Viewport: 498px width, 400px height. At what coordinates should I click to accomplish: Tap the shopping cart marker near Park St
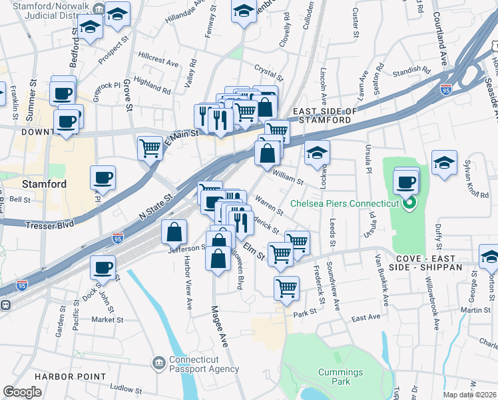pyautogui.click(x=286, y=288)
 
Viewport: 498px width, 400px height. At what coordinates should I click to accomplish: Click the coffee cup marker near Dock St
pyautogui.click(x=103, y=267)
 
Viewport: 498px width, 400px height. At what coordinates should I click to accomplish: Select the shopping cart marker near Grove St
pyautogui.click(x=150, y=147)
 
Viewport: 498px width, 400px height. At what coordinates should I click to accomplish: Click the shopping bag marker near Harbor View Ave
pyautogui.click(x=174, y=232)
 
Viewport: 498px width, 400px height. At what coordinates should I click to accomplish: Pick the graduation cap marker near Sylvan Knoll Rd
pyautogui.click(x=444, y=162)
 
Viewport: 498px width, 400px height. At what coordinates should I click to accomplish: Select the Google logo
pyautogui.click(x=22, y=392)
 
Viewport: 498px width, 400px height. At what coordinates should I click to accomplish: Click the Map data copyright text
pyautogui.click(x=470, y=395)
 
